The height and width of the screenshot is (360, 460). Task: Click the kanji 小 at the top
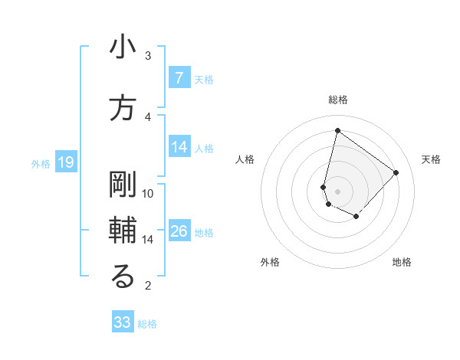(x=123, y=47)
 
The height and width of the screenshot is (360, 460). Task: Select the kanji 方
(x=123, y=109)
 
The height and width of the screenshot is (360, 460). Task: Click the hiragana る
(x=123, y=277)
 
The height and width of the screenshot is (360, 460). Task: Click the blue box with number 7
(x=179, y=77)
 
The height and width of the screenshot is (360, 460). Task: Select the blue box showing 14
(x=179, y=147)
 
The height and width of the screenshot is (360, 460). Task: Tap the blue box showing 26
(x=179, y=231)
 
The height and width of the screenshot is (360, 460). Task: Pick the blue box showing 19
(x=65, y=162)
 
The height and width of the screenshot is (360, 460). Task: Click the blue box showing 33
(x=123, y=322)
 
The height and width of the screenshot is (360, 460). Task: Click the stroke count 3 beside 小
(x=148, y=55)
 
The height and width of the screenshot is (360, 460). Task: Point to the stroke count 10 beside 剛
(x=148, y=193)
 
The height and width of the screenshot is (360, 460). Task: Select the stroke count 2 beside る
(x=148, y=286)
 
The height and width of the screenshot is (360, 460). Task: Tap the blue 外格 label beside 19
(x=41, y=163)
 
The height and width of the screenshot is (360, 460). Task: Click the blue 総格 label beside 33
(x=147, y=324)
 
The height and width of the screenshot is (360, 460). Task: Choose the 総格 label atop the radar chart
(x=338, y=100)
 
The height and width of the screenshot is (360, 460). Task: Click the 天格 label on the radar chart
(x=431, y=159)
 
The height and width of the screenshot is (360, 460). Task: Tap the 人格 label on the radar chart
(x=245, y=159)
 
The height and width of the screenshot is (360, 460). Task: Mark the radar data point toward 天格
(x=396, y=172)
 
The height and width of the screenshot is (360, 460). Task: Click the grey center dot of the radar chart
(x=337, y=191)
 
